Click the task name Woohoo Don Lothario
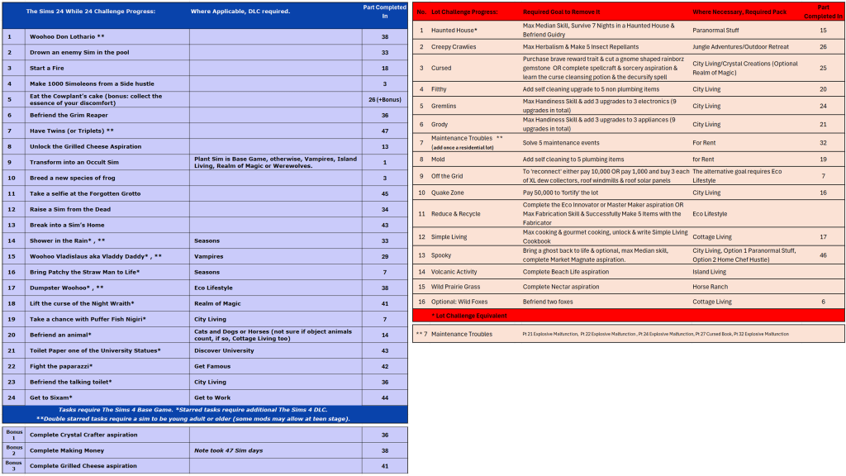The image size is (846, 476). (67, 37)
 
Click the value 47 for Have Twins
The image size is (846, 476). (384, 131)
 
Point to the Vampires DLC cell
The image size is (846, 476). (208, 256)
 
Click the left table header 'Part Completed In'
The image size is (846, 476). (384, 11)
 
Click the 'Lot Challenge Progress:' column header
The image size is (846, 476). (463, 12)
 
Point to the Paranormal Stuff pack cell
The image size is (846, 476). (715, 30)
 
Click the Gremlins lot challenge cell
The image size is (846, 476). (444, 106)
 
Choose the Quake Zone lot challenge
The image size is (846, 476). (448, 193)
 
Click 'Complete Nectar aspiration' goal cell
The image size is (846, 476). (561, 287)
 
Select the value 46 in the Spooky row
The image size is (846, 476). (823, 255)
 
